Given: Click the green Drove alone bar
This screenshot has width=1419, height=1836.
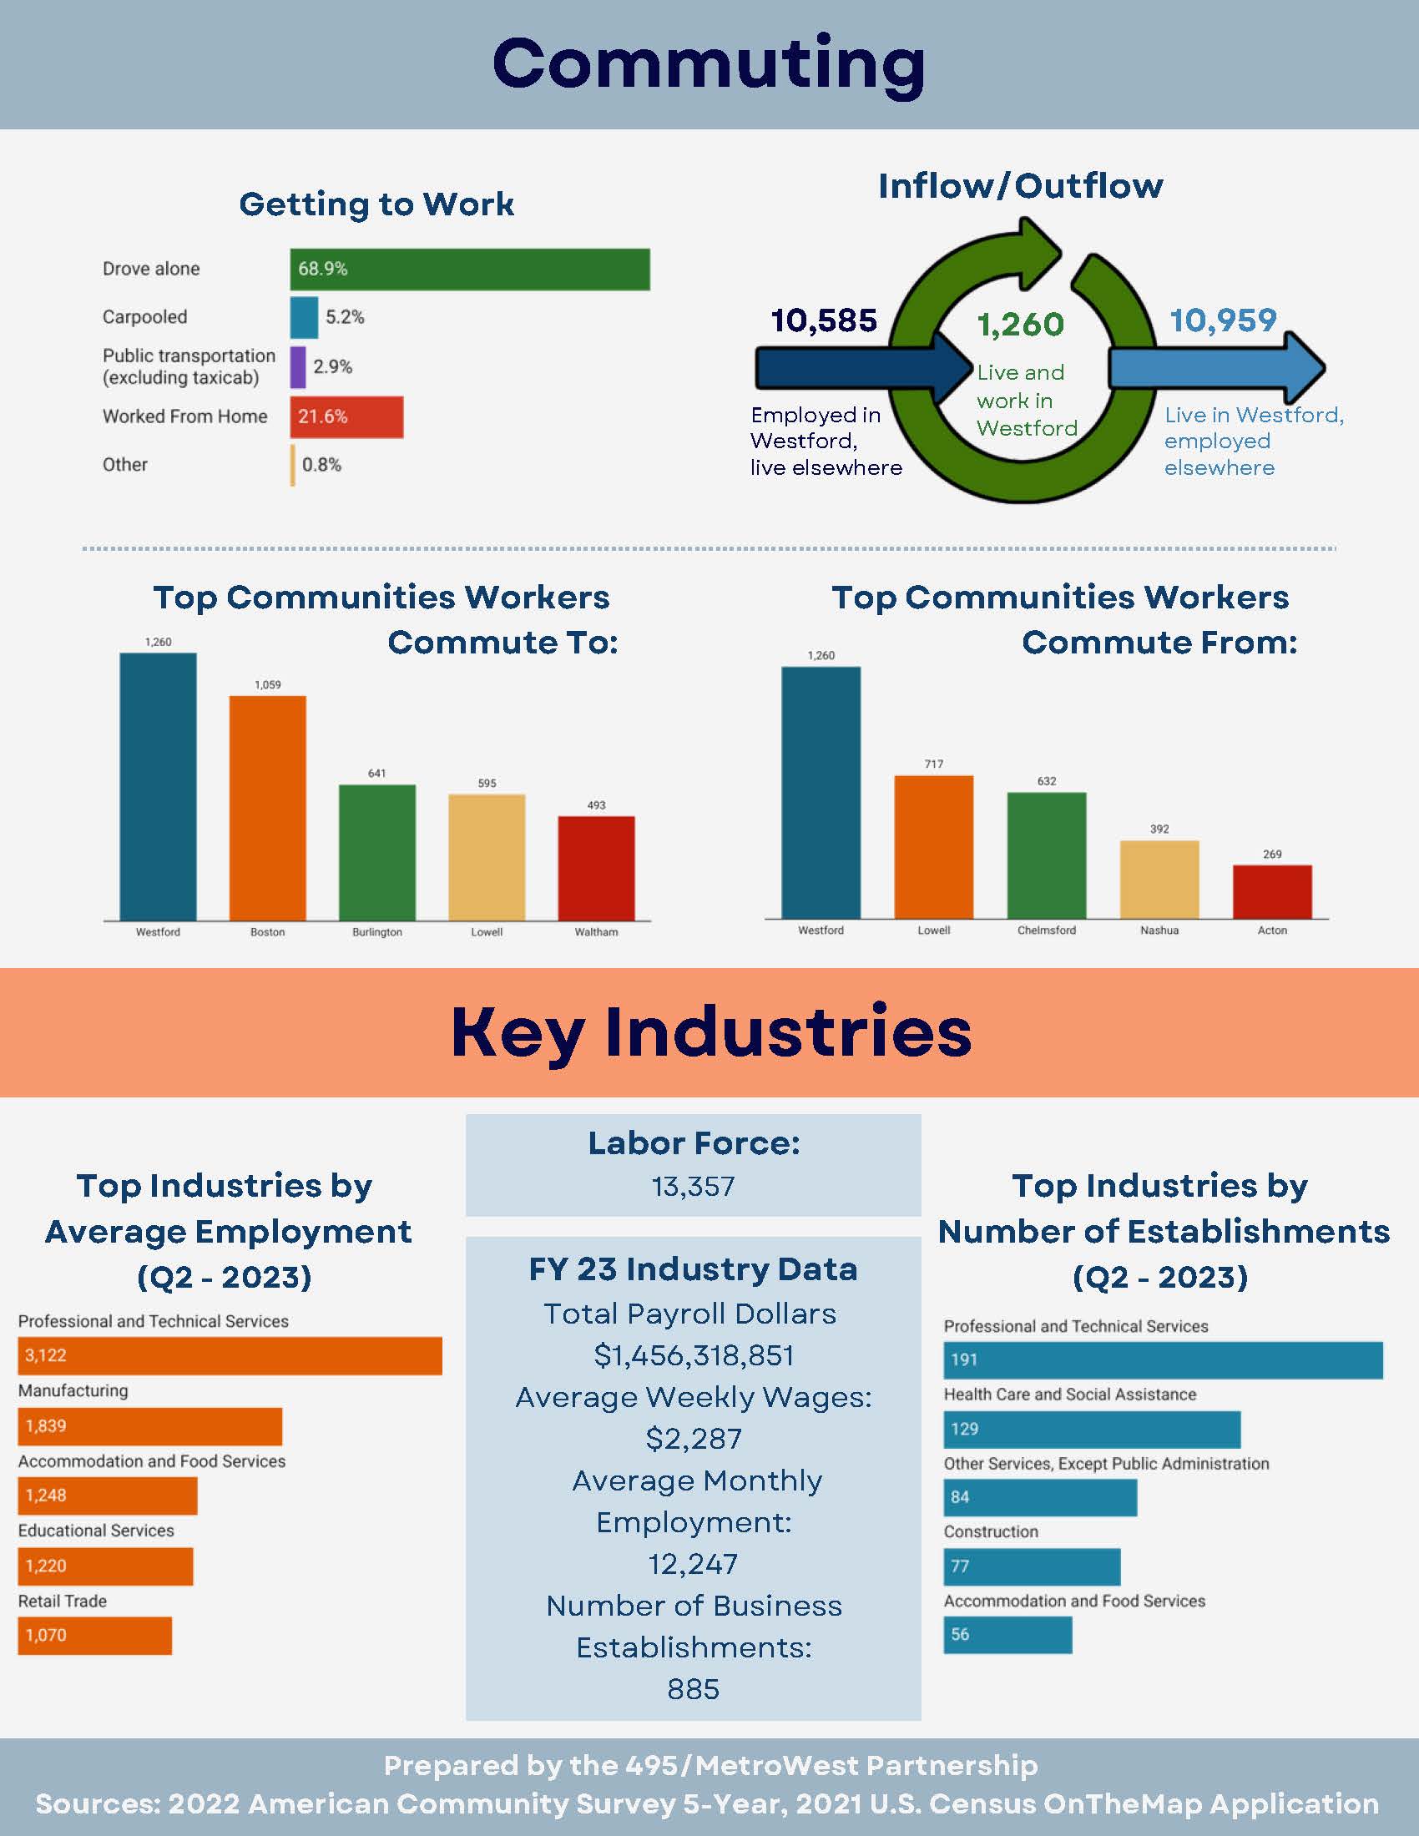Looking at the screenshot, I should pyautogui.click(x=469, y=269).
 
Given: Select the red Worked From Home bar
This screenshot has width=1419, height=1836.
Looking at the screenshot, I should pyautogui.click(x=346, y=417).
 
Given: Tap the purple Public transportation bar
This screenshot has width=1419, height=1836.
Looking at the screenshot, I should pyautogui.click(x=298, y=367).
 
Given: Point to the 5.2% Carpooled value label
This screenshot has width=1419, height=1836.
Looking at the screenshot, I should pyautogui.click(x=345, y=317).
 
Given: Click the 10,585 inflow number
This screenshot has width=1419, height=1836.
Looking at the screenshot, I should pyautogui.click(x=823, y=320).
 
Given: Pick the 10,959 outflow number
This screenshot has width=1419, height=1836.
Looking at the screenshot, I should pyautogui.click(x=1222, y=320).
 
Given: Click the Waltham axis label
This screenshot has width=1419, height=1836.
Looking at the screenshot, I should pyautogui.click(x=596, y=931).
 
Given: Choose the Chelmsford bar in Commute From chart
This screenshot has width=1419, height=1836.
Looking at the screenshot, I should pyautogui.click(x=1046, y=855).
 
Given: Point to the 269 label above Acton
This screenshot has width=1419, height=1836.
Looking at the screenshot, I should pyautogui.click(x=1272, y=854).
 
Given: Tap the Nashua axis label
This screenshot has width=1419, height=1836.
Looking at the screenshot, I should pyautogui.click(x=1159, y=930).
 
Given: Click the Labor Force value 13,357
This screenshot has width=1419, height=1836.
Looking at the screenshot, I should pyautogui.click(x=693, y=1186).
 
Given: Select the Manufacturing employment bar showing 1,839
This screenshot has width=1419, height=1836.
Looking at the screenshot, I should pyautogui.click(x=149, y=1426).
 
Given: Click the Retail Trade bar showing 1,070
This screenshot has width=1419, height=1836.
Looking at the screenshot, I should pyautogui.click(x=94, y=1635).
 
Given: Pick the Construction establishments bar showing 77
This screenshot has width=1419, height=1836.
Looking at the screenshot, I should pyautogui.click(x=1032, y=1566).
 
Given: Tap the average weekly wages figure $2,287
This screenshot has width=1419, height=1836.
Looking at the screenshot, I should pyautogui.click(x=694, y=1439).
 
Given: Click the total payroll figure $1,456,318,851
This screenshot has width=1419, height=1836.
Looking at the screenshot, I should pyautogui.click(x=694, y=1355).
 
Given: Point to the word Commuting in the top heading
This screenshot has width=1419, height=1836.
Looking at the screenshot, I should pyautogui.click(x=709, y=64).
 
